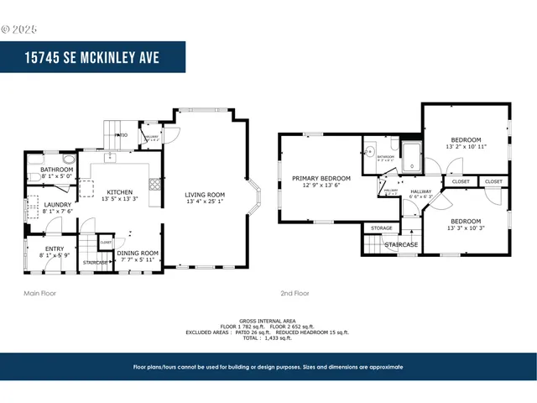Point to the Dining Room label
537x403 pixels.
[x=138, y=256]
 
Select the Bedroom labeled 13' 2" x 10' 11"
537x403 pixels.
[x=467, y=143]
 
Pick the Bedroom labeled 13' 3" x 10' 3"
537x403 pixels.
[x=467, y=224]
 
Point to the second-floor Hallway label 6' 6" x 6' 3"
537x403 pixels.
[x=420, y=195]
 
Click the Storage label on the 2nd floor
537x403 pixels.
[x=382, y=228]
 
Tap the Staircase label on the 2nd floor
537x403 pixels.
[x=401, y=245]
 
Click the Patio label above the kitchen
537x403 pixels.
[x=122, y=134]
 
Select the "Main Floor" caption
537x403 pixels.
[x=40, y=294]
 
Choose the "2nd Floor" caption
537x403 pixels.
[x=295, y=294]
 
